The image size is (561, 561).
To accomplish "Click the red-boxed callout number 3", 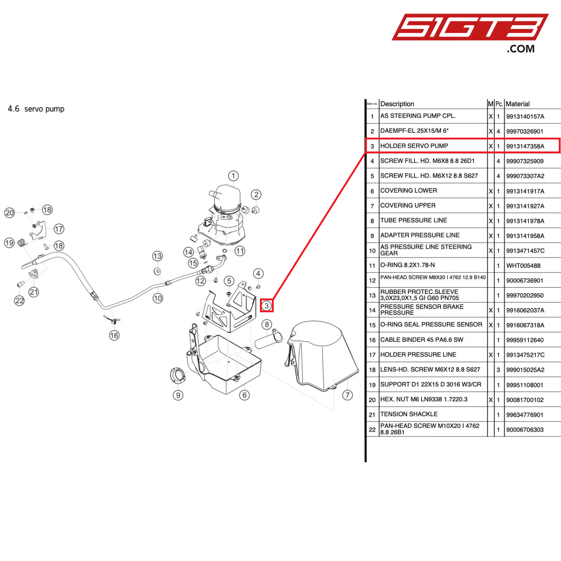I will coord(267,306).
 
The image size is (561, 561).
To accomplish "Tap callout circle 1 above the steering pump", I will coord(233,176).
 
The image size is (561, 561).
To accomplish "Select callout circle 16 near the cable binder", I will coord(114,335).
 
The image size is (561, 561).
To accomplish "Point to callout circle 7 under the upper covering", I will coord(347,395).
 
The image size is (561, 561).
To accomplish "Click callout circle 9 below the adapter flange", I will coord(178,395).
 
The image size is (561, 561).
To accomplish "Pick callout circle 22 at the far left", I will coord(19,301).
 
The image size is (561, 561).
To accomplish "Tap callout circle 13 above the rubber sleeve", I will coord(157,256).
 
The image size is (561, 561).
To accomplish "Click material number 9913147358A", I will coord(525,146).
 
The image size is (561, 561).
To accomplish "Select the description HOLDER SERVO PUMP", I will coord(414,146).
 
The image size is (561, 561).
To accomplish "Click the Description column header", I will coord(397,104).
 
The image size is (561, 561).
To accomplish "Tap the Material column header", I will coord(518,104).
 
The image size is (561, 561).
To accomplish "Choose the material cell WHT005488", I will coord(523,266).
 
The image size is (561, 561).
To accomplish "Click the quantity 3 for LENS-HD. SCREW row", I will coord(498,370).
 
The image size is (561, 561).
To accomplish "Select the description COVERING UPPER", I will coord(408,205).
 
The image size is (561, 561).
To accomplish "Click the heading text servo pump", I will coord(44,109).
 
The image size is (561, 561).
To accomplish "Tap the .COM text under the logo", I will coord(521,49).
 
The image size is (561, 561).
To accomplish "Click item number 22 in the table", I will coord(372,429).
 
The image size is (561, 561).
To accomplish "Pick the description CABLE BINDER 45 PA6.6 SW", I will coord(421,340).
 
